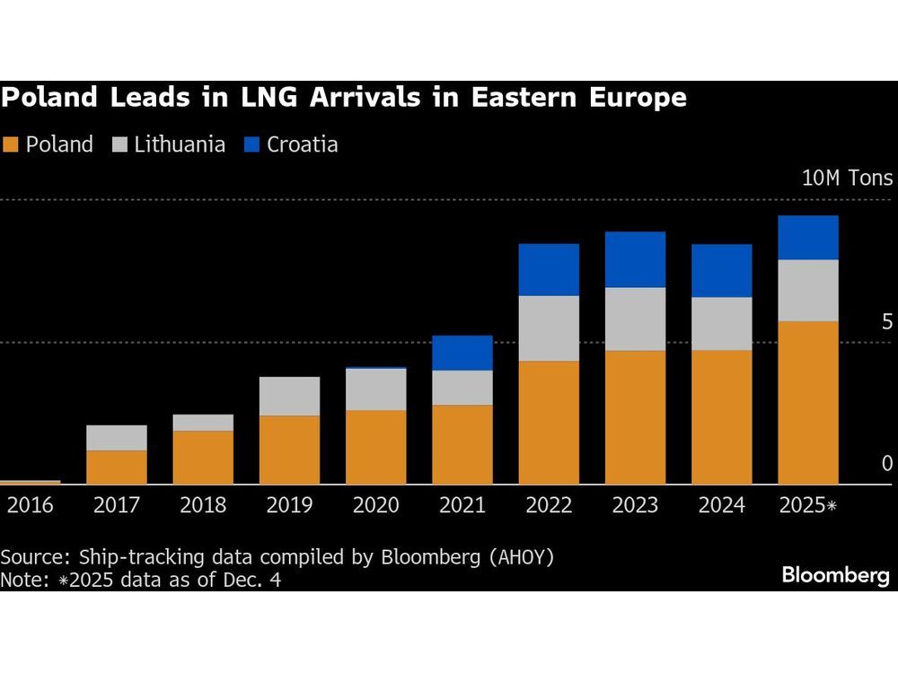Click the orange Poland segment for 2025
(807, 403)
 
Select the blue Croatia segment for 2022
(549, 269)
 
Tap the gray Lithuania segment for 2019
(289, 396)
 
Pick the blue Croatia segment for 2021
(462, 353)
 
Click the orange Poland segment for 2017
(117, 468)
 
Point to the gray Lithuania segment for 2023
(635, 319)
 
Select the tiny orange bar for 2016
(30, 482)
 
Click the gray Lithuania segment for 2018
(203, 423)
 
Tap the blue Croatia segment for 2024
(721, 270)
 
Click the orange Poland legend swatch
(11, 144)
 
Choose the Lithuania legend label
(180, 144)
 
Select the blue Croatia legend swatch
(251, 144)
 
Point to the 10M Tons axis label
(847, 178)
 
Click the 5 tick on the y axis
(886, 321)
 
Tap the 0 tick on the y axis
(886, 464)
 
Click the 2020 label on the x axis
(375, 506)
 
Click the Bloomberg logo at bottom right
(834, 575)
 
